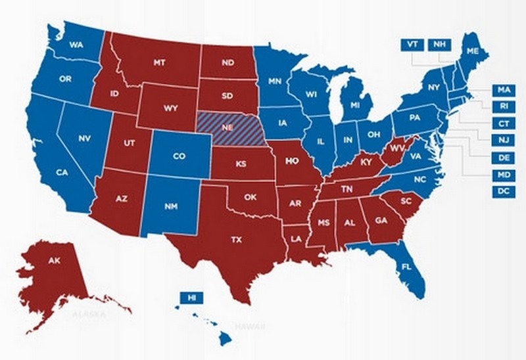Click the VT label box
pos(412,45)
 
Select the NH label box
pos(438,45)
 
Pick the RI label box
pos(503,106)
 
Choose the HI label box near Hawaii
pos(191,298)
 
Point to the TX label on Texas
pos(237,240)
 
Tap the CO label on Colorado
pos(179,157)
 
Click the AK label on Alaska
pos(55,261)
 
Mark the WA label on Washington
pos(74,46)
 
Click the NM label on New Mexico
pos(172,207)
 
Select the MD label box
pos(503,175)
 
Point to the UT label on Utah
pos(128,142)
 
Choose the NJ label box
pos(503,141)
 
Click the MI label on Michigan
pos(356,106)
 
